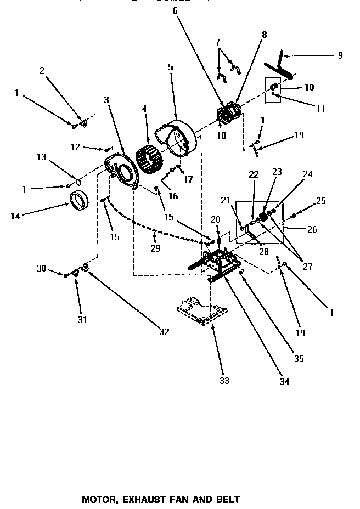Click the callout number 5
coord(170,67)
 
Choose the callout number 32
coord(164,331)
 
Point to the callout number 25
coord(321,201)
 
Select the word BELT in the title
coord(228,500)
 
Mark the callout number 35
coord(299,359)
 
